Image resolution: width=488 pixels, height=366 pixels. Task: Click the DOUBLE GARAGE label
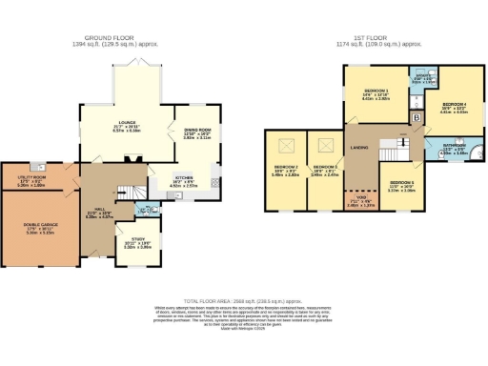point(38,225)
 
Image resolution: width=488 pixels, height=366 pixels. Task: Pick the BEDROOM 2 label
point(286,168)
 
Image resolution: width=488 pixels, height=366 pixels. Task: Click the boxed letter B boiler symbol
point(416,118)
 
